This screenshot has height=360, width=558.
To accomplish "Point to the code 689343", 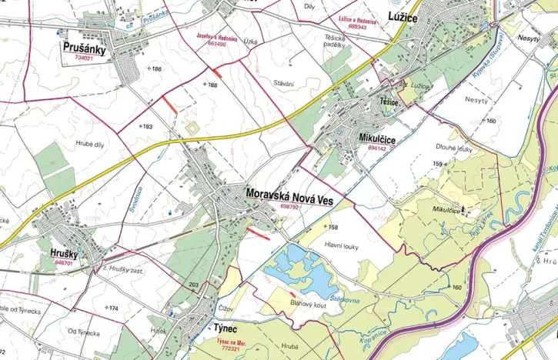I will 357,27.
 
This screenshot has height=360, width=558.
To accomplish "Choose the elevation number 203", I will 193,285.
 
